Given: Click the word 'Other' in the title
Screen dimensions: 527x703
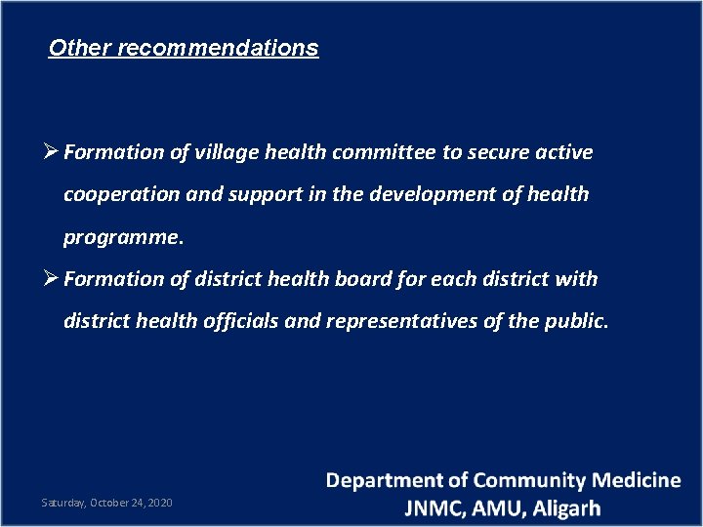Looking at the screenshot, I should coord(79,48).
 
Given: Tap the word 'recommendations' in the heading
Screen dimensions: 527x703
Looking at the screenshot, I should coord(218,48).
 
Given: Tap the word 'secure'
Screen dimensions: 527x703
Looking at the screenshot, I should coord(500,152).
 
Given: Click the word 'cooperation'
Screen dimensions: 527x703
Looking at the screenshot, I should coord(122,194).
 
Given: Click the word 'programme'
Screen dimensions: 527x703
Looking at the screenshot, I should coord(120,237).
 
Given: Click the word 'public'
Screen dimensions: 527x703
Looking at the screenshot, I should coord(576,321).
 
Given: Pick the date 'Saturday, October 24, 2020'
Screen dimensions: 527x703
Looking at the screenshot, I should coord(106,503).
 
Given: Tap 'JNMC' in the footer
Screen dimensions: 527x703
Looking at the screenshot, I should coord(435,508).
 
